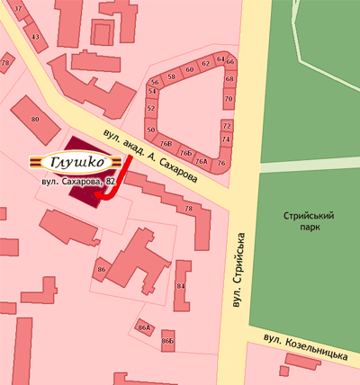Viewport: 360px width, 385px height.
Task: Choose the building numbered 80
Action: coord(36,119)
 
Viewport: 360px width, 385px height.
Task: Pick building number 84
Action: coord(181,286)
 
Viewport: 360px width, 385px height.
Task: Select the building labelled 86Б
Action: coord(167,341)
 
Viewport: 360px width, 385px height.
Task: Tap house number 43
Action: coord(36,37)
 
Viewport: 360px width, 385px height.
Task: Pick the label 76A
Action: coord(202,161)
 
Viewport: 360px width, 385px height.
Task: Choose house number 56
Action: coord(154,81)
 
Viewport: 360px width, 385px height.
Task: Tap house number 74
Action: coord(226,139)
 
